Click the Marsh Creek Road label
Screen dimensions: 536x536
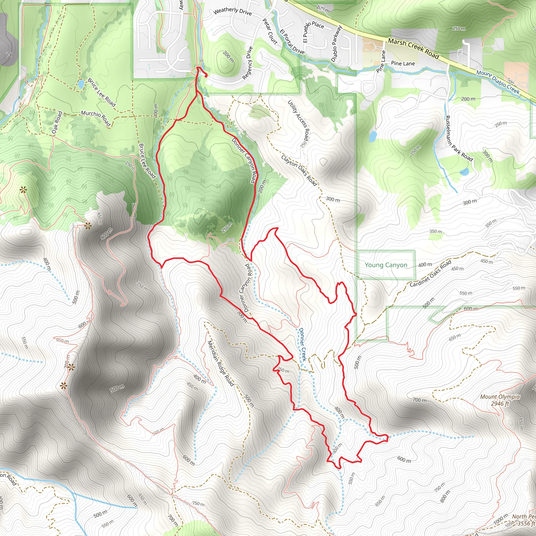tap(413, 49)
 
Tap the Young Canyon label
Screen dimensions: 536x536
tap(386, 265)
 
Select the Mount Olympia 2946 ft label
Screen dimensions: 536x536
tap(500, 400)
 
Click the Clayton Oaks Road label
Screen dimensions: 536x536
tap(299, 170)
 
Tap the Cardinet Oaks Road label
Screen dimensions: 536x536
tap(430, 273)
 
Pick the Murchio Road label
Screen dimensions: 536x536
tap(96, 118)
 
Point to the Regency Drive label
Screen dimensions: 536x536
tap(248, 63)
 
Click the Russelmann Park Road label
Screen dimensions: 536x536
tap(459, 138)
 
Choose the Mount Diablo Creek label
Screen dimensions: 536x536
tap(498, 82)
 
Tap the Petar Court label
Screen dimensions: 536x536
tap(270, 31)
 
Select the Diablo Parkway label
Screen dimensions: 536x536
tap(337, 43)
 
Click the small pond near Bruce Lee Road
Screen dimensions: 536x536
tap(81, 83)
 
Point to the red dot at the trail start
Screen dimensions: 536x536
tap(206, 75)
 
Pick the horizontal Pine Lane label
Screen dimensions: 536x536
tap(403, 64)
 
